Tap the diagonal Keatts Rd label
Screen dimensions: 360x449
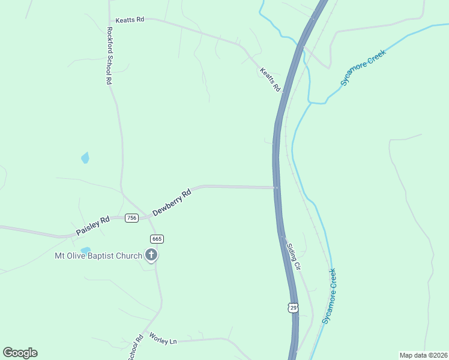(270, 79)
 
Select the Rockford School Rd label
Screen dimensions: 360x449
(109, 55)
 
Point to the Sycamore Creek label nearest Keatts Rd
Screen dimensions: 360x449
(363, 67)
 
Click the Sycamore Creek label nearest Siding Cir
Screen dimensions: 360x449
(330, 296)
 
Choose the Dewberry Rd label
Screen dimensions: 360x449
(172, 203)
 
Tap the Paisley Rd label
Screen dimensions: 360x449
(92, 226)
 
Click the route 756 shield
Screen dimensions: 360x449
(132, 218)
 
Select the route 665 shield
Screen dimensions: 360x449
(157, 239)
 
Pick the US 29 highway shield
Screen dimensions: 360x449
(293, 308)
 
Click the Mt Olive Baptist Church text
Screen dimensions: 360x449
(98, 256)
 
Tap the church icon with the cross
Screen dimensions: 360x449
(151, 256)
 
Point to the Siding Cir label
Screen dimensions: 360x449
(294, 256)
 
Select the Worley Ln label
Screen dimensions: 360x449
(163, 339)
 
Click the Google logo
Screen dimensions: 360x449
(20, 353)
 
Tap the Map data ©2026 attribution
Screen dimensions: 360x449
(423, 355)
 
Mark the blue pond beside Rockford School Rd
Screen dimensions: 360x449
(85, 158)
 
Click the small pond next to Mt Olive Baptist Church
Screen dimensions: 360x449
(85, 250)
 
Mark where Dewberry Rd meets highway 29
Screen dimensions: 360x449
(276, 187)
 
